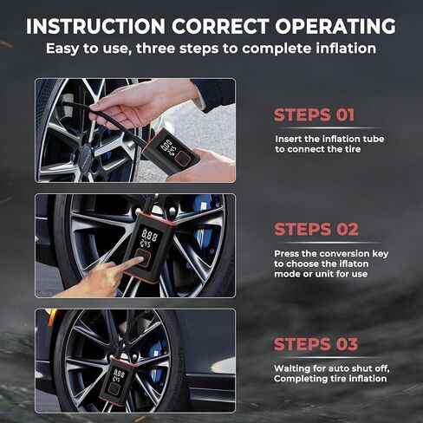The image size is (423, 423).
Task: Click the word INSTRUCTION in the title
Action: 95,26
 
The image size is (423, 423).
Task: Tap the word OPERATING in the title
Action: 335,26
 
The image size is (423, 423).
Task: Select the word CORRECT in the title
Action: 220,26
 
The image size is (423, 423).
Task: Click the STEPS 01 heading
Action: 314,114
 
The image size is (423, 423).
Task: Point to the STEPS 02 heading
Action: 316,229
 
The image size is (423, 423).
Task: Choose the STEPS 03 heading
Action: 316,344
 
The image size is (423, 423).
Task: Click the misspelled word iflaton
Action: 350,264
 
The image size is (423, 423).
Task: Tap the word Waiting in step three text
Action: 291,369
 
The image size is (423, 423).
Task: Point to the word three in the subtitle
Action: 156,49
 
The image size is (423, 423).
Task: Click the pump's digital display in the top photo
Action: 168,148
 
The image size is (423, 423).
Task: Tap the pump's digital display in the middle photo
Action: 149,237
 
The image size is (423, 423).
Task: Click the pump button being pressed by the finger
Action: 142,257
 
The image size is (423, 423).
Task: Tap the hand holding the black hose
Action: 145,103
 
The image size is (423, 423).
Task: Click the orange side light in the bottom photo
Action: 52,317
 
